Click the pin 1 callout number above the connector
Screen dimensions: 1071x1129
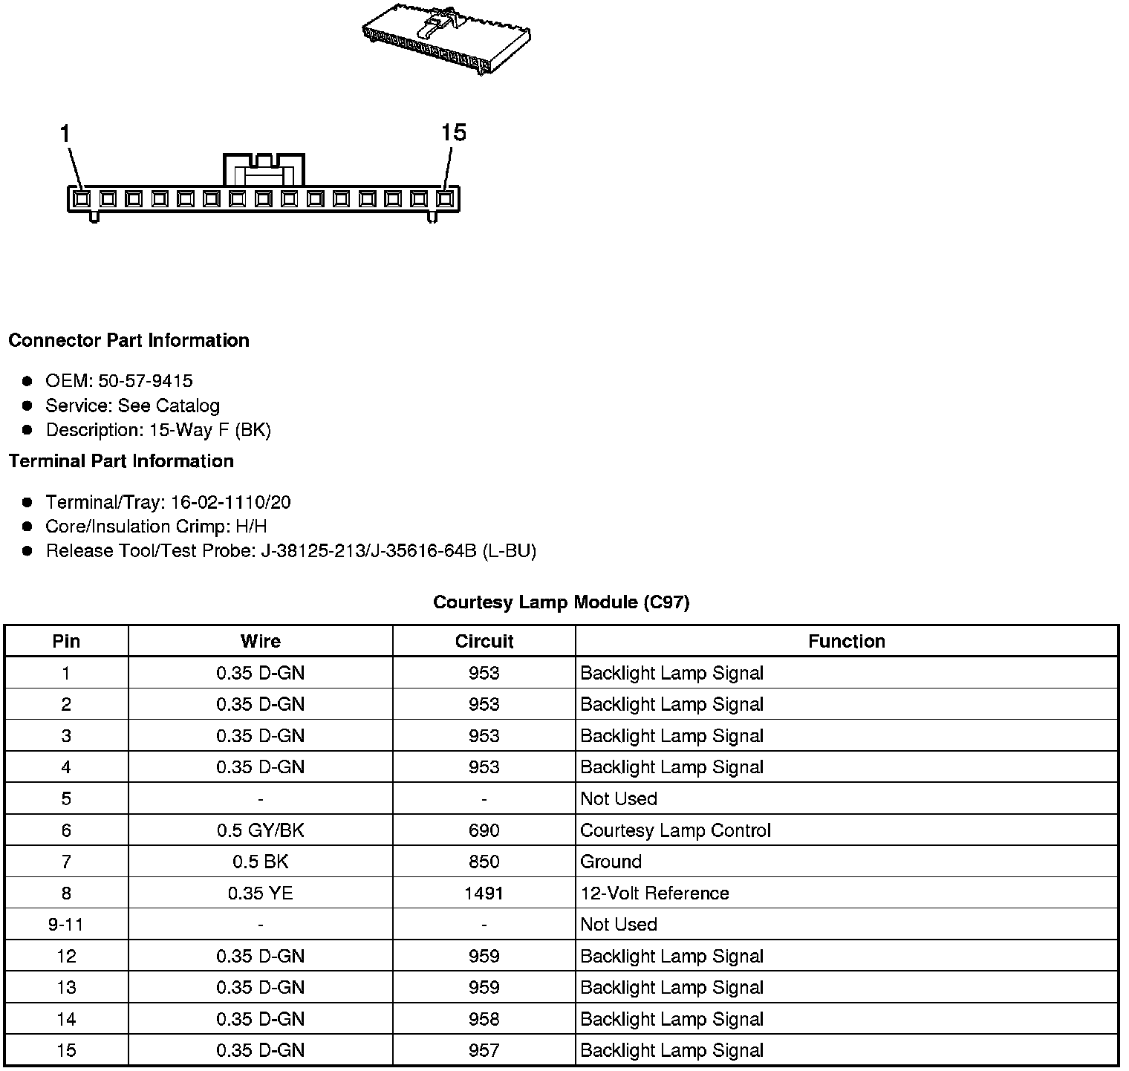coord(65,134)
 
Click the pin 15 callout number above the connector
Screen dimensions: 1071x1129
coord(453,133)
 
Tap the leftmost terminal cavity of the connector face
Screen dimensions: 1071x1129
coord(82,199)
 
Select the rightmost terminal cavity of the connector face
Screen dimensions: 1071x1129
coord(445,199)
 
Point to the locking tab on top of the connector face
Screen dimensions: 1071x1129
coord(264,170)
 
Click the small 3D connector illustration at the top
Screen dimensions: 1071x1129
coord(446,41)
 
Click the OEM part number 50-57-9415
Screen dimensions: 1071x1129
coord(145,381)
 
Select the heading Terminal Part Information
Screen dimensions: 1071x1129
coord(121,461)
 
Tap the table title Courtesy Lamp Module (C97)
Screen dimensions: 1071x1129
coord(561,602)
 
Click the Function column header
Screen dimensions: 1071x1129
coord(846,642)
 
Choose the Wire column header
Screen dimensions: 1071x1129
coord(260,642)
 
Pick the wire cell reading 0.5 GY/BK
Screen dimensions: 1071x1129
coord(260,830)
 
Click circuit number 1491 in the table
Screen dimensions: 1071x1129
coord(484,893)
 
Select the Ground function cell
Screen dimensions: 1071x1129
coord(611,862)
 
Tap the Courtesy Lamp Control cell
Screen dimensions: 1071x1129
coord(675,830)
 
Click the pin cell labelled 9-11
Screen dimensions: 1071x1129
coord(66,925)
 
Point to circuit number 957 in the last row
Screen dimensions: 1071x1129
coord(484,1050)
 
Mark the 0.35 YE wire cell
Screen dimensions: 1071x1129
coord(260,893)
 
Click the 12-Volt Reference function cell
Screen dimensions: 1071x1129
coord(654,893)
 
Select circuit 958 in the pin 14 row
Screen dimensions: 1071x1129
coord(484,1019)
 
